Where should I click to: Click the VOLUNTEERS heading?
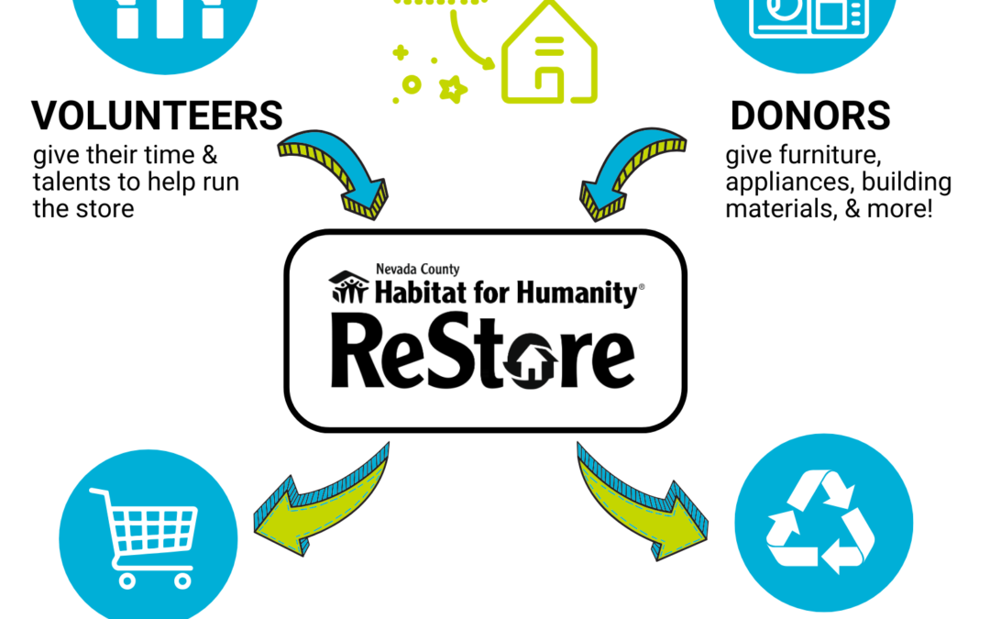pyautogui.click(x=158, y=116)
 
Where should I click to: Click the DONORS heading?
pyautogui.click(x=810, y=116)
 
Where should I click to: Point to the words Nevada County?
pyautogui.click(x=417, y=270)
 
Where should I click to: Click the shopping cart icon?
pyautogui.click(x=144, y=537)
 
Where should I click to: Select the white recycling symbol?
pyautogui.click(x=820, y=522)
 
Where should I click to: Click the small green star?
pyautogui.click(x=453, y=89)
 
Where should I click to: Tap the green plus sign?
pyautogui.click(x=401, y=52)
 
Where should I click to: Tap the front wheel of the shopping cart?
pyautogui.click(x=126, y=581)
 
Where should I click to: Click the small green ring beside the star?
pyautogui.click(x=412, y=84)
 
